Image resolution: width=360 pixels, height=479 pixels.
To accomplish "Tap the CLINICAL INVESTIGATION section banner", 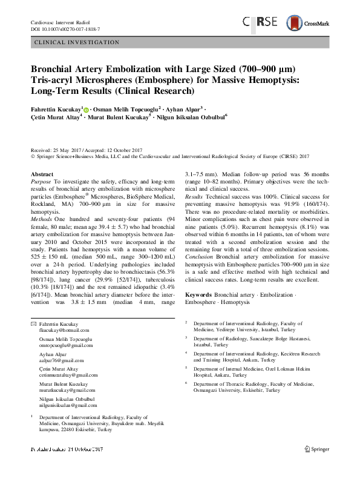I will pos(79,42).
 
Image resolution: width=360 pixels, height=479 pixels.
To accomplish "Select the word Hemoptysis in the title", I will pos(274,79).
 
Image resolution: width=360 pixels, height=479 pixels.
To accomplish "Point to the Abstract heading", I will pos(42,174).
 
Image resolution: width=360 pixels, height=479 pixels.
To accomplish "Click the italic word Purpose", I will pos(41,182).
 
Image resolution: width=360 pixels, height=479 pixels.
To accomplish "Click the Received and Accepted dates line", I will pos(88,149).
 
